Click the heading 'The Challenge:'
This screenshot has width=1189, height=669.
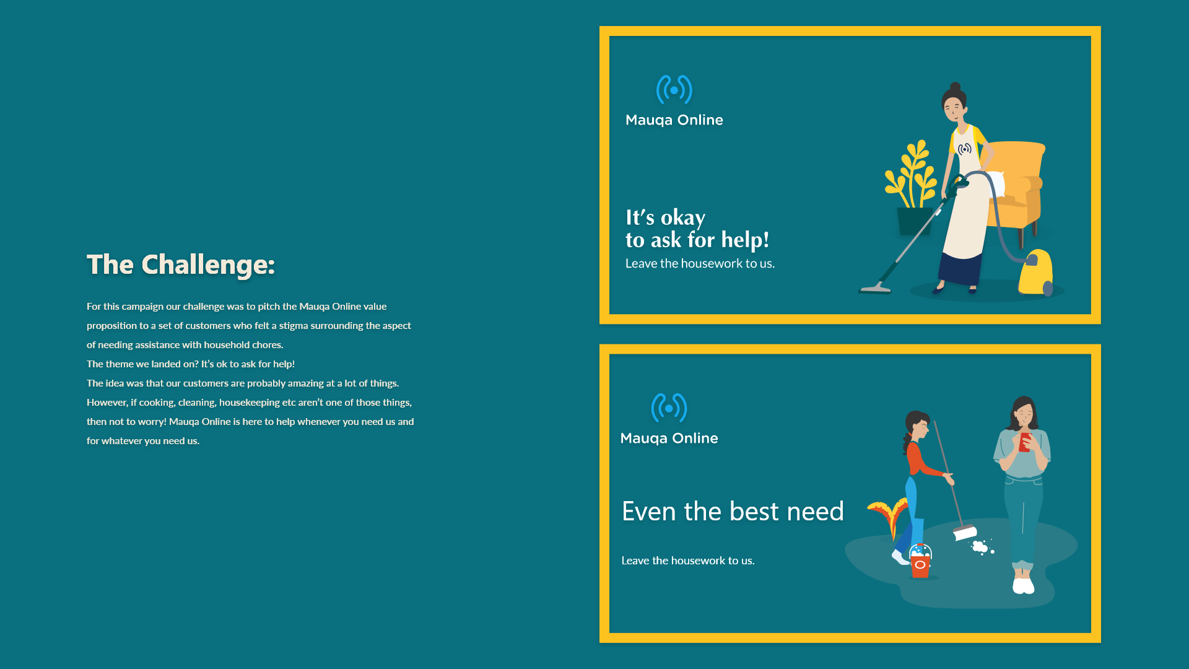[181, 265]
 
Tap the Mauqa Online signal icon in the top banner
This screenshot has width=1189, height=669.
[674, 90]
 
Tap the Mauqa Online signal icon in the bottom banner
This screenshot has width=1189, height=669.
[669, 408]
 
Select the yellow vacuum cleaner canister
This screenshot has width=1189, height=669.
[1035, 273]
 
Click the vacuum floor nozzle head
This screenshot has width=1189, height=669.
[874, 288]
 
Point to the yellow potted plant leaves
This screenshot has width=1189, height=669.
[911, 174]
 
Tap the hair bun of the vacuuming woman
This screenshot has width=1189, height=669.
[956, 87]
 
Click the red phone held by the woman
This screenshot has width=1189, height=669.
[1025, 442]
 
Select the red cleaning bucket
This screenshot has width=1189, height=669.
[920, 561]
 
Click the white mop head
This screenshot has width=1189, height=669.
[965, 533]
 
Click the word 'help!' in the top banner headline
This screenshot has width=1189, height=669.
[745, 240]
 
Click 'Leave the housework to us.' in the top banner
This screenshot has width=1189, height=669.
[700, 263]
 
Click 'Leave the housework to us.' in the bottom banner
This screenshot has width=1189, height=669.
[688, 561]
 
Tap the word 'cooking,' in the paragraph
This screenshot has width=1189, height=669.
[157, 403]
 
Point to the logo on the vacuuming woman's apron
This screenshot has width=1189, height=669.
[965, 149]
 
